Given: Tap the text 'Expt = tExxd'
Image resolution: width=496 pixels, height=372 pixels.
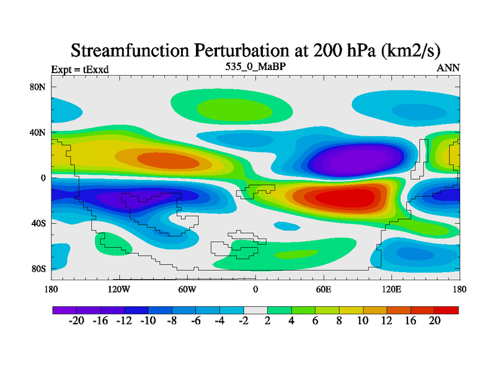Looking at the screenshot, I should (80, 69).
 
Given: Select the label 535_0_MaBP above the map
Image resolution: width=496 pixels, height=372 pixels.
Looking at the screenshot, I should (255, 66).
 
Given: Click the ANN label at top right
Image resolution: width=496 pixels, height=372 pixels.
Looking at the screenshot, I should (448, 68).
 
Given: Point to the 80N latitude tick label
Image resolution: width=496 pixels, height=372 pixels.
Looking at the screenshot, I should (38, 87).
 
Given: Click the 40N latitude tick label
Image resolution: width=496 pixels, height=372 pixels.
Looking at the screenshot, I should (38, 132).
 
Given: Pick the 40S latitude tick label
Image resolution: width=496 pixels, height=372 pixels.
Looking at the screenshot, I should (38, 223).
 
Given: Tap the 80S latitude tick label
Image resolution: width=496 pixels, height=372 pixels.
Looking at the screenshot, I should (38, 269).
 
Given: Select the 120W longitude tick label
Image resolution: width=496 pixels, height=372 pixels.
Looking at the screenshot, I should (119, 289).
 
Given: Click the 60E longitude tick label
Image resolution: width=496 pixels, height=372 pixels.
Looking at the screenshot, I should (324, 289).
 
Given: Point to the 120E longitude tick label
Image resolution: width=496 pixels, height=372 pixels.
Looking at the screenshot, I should (392, 289).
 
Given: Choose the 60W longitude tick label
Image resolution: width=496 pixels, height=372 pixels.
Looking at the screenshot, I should (187, 289).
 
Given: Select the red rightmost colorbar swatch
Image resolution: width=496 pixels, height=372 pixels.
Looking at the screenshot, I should (446, 309).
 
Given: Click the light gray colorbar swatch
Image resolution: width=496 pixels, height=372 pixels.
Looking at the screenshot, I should (255, 309).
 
